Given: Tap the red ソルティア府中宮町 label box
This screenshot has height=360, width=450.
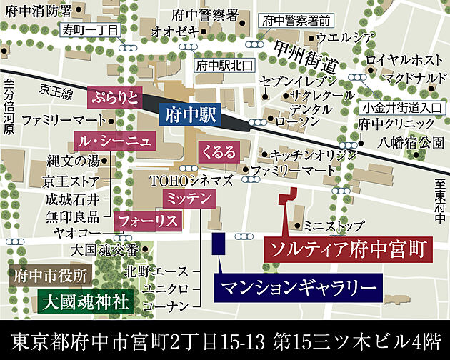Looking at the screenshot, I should (x=348, y=249).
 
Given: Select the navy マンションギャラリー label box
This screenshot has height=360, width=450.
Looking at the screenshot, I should (x=298, y=288).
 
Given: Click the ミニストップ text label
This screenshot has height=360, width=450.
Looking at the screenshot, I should (x=330, y=225).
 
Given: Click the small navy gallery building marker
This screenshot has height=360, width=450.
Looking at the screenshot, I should (x=220, y=244).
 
